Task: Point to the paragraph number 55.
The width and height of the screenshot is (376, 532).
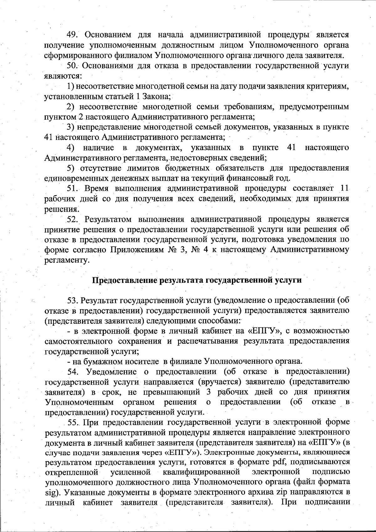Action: (x=74, y=422)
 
